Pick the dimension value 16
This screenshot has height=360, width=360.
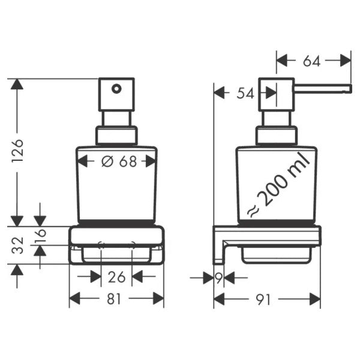(x=40, y=236)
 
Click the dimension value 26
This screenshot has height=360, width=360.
(x=116, y=278)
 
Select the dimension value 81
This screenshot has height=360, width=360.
(x=116, y=298)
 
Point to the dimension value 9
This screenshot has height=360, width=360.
(x=218, y=278)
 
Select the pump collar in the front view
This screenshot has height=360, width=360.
(x=116, y=135)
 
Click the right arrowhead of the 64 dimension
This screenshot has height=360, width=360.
(x=346, y=61)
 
